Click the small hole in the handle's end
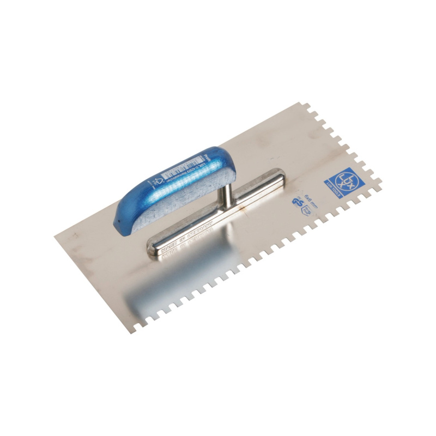tap(117, 221)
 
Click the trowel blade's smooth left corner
tap(56, 236)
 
